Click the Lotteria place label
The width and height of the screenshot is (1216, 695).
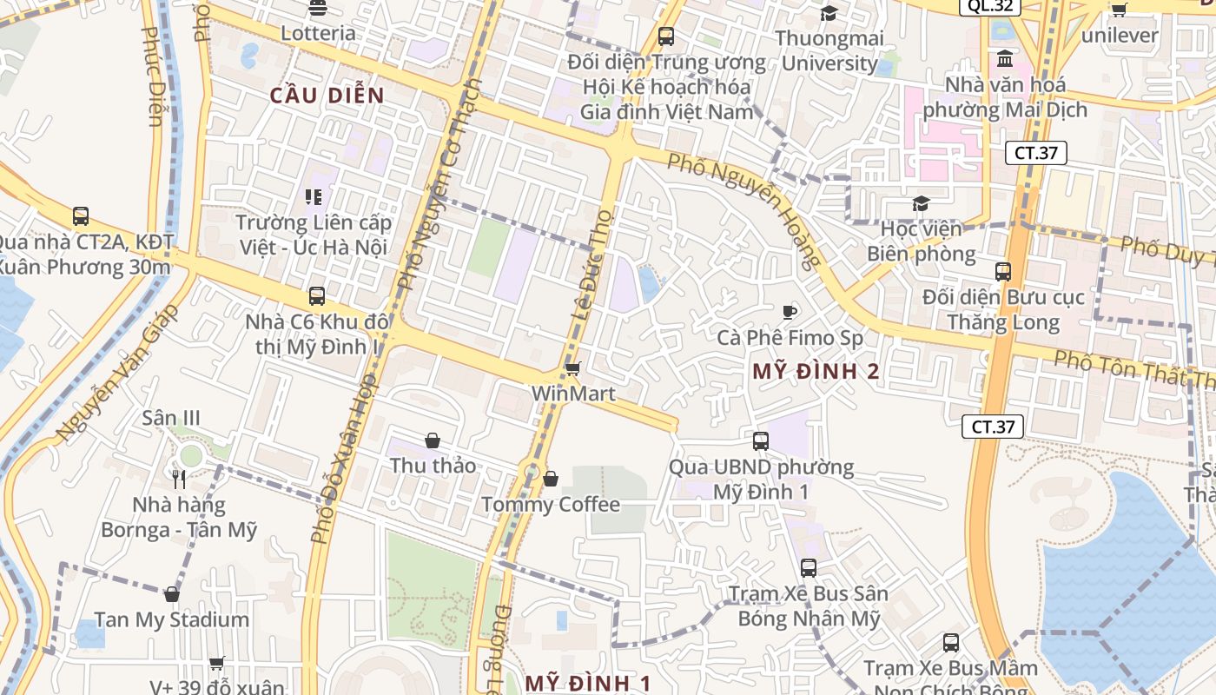click(x=318, y=33)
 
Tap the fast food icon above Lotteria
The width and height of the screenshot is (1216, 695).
click(x=318, y=9)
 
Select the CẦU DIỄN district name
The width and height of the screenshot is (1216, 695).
click(x=327, y=96)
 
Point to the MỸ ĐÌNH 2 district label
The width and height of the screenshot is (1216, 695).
click(x=816, y=372)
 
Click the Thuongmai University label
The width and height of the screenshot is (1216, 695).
click(x=829, y=50)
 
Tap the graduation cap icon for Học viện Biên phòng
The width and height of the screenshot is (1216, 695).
click(x=921, y=204)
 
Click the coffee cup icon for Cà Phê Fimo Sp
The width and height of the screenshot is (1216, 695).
click(x=790, y=312)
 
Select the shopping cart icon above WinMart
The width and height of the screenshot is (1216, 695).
click(x=572, y=369)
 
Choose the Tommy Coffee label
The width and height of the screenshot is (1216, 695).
click(x=551, y=505)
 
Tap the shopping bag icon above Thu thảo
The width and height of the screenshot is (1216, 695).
click(x=433, y=441)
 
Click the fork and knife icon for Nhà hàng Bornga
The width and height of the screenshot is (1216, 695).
click(x=179, y=479)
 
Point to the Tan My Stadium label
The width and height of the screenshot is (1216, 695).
click(x=171, y=620)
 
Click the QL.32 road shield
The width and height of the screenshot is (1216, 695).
click(x=989, y=6)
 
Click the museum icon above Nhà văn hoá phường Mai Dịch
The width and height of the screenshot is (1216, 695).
click(x=1005, y=60)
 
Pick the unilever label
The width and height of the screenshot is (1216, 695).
click(x=1120, y=36)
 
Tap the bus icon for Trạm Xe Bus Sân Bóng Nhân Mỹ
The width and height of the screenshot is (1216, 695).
click(x=809, y=568)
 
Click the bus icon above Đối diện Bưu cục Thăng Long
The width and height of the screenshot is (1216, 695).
click(x=1003, y=272)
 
